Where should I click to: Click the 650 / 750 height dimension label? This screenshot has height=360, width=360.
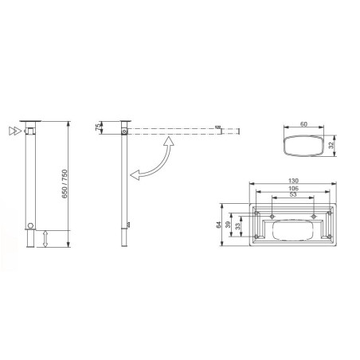coord(65,184)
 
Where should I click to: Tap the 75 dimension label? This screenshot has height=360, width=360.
coord(98,127)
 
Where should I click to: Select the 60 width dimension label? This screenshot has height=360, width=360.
coord(303,124)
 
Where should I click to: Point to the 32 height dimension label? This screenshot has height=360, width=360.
coord(331,145)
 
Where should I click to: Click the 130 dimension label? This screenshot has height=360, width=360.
coord(293,181)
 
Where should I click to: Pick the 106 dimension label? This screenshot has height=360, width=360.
coord(293,188)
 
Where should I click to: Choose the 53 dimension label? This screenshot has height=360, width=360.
coord(293,194)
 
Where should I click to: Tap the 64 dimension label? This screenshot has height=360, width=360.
coord(218,225)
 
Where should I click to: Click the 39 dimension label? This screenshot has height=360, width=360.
coord(228,225)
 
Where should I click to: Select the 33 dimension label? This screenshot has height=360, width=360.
coord(237,226)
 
